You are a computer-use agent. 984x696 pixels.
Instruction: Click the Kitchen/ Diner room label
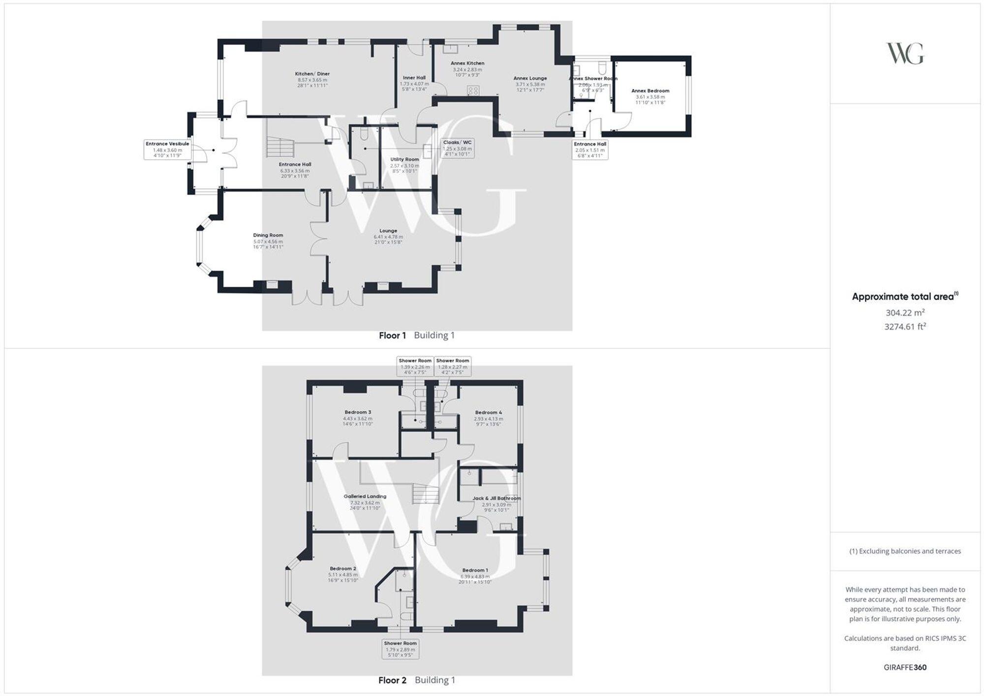coord(312,74)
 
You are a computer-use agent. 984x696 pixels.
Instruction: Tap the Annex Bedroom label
coord(650,91)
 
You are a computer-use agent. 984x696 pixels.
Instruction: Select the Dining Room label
coord(268,236)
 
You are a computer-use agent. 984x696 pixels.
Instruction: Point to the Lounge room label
coord(388,231)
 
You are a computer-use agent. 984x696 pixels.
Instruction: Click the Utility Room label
coord(404,159)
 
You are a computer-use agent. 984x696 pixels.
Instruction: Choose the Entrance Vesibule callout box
coord(167,150)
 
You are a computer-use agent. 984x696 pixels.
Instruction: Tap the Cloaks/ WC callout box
coord(457,148)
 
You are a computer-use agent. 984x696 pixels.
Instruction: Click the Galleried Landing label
coord(365,496)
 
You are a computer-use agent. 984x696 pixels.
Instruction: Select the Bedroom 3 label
coord(358,412)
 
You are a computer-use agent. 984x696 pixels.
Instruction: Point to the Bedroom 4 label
coord(489,413)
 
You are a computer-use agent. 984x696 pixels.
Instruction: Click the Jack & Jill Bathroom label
coord(496,498)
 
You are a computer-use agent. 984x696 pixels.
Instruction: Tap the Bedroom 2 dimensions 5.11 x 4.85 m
coord(343,575)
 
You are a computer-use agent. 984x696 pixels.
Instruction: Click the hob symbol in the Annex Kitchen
coord(473,91)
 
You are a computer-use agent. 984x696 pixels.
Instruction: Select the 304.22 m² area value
coord(905,313)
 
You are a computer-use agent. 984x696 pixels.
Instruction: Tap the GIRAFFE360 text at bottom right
coord(905,667)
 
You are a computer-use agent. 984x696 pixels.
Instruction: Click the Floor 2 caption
coord(392,680)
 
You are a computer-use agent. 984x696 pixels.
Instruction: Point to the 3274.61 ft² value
coord(905,327)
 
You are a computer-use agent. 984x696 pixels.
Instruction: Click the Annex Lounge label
coord(530,78)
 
